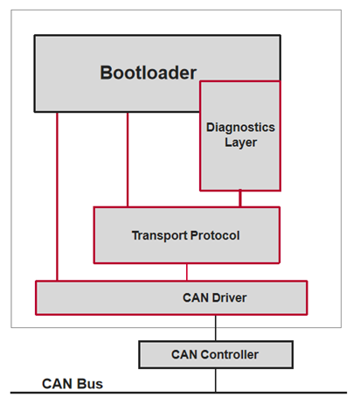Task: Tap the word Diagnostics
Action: pyautogui.click(x=240, y=128)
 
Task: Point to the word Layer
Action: pyautogui.click(x=240, y=143)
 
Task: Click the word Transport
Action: pyautogui.click(x=158, y=235)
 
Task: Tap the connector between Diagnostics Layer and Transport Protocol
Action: pyautogui.click(x=240, y=199)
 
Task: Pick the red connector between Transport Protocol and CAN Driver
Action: pyautogui.click(x=187, y=271)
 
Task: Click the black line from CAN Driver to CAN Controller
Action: pyautogui.click(x=215, y=328)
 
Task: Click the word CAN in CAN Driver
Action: pyautogui.click(x=192, y=298)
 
